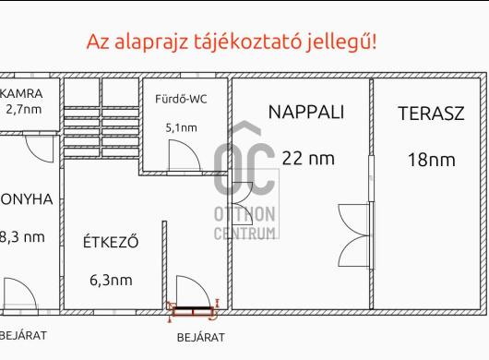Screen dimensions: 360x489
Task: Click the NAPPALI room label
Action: [306, 113]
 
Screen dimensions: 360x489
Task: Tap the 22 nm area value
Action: [308, 158]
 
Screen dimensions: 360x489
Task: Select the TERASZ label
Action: [431, 114]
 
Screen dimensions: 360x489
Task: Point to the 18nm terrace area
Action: [431, 160]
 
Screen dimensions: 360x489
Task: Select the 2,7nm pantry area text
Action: [24, 109]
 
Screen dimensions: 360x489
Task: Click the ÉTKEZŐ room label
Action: [110, 244]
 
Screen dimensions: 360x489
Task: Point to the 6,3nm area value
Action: [111, 280]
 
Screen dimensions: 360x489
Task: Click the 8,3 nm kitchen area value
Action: [23, 236]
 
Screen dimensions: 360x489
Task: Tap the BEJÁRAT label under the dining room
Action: [199, 336]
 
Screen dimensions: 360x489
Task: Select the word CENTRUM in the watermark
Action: [245, 232]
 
